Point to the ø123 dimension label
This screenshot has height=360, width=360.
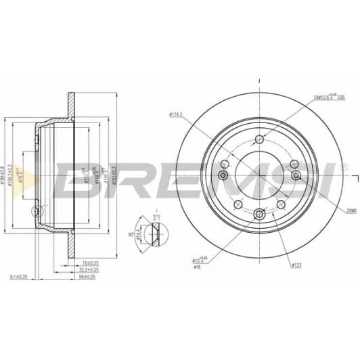(295, 265)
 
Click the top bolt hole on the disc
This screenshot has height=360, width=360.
(259, 140)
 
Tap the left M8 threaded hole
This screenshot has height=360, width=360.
(223, 176)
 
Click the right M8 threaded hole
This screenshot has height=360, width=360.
(295, 176)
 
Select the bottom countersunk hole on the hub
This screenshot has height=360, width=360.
(259, 214)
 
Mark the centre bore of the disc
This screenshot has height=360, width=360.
(259, 177)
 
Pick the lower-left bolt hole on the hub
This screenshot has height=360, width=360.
(237, 204)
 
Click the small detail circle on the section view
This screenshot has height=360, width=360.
(37, 214)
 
